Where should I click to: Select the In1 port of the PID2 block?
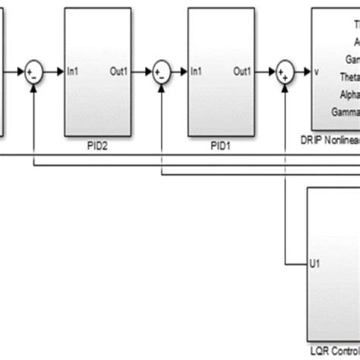74,72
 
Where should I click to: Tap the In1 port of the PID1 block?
197,72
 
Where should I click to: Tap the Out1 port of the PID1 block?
242,72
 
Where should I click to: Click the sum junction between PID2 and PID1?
161,72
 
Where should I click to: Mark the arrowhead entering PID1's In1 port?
185,72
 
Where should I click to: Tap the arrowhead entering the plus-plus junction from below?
285,84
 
